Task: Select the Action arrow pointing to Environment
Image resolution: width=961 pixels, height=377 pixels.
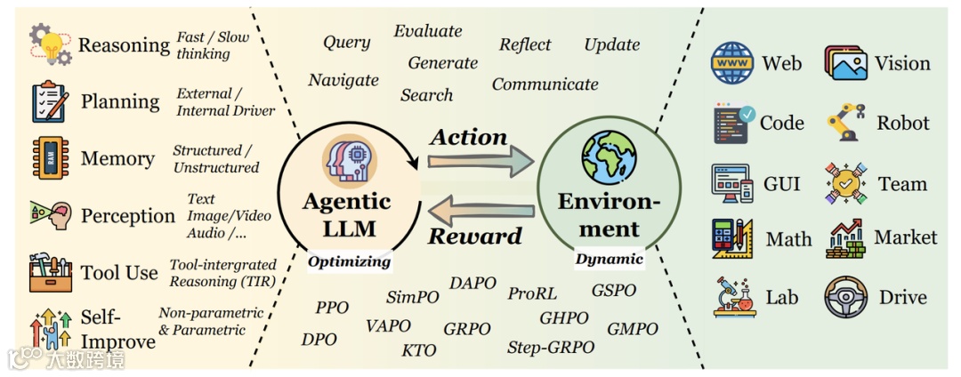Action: pos(480,162)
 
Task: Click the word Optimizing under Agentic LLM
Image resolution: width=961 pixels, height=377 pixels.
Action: pos(350,261)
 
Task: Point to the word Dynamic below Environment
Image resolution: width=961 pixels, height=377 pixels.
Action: pos(610,260)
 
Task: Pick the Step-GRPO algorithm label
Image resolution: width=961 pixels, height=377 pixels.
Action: pos(551,348)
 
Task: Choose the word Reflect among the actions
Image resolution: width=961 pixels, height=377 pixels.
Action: pos(525,44)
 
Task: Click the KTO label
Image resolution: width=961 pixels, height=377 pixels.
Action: pos(418,350)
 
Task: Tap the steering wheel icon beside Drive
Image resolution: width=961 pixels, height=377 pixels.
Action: pos(845,298)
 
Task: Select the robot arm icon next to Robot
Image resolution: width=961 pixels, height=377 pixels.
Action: pos(845,123)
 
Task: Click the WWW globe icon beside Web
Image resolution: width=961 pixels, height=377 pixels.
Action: pos(732,63)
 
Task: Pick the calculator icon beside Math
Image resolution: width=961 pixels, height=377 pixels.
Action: pos(732,239)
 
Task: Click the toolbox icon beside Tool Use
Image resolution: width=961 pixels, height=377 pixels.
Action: pos(50,272)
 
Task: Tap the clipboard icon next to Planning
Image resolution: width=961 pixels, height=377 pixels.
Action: pos(50,101)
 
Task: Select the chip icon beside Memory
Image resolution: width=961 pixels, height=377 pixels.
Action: pos(50,158)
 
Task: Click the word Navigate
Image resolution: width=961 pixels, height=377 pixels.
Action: pos(343,81)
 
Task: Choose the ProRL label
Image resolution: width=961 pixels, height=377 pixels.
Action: pos(532,293)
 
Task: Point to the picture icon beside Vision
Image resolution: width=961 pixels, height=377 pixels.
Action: pos(845,63)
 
